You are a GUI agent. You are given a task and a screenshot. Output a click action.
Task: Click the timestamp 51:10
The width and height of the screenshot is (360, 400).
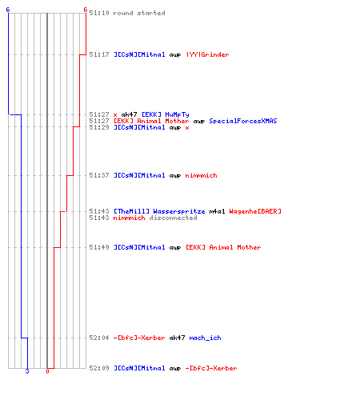click(99, 13)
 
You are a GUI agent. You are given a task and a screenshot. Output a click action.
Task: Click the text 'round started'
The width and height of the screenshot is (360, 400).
click(139, 13)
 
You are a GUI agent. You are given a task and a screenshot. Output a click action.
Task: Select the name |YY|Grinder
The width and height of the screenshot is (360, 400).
click(207, 54)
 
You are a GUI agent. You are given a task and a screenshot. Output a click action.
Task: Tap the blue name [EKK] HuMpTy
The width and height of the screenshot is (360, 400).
click(165, 114)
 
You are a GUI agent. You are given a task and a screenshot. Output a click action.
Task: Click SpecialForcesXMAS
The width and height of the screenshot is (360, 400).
click(243, 121)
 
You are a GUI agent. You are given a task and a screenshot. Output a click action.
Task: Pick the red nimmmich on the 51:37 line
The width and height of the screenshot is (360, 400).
click(201, 175)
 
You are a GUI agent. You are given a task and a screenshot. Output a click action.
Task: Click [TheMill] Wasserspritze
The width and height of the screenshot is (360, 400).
click(159, 211)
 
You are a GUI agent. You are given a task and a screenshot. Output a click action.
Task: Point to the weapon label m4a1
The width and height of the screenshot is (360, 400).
click(217, 211)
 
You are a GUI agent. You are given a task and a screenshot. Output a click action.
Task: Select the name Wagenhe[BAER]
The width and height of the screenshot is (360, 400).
click(255, 211)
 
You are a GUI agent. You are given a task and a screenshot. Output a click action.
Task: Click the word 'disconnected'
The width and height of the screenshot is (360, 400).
click(173, 218)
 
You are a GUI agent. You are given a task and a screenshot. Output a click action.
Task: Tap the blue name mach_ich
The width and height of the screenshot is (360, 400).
click(205, 338)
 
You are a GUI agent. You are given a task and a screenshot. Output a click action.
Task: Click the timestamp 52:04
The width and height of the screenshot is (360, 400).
click(99, 338)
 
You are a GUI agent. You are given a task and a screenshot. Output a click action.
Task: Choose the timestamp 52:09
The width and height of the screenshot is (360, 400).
click(99, 368)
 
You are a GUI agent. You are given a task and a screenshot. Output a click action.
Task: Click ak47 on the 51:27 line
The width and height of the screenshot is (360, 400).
click(129, 114)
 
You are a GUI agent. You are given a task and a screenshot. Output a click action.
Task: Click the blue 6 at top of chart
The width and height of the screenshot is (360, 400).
click(8, 10)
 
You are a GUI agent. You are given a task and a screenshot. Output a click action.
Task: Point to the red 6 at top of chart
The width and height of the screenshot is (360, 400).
click(85, 10)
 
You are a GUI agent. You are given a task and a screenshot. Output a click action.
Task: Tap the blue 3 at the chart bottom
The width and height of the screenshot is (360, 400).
click(27, 371)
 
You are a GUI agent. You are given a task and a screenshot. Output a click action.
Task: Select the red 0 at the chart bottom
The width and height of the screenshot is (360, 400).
click(47, 371)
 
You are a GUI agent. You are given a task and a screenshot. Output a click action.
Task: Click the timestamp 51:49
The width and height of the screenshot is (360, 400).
click(99, 247)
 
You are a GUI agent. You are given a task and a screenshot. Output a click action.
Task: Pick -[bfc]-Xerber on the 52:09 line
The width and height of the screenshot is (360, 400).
click(211, 368)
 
